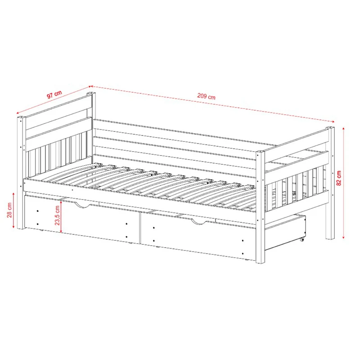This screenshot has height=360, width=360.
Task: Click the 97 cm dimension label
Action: pos(54,94)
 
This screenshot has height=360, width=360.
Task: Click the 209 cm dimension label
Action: pos(207,96)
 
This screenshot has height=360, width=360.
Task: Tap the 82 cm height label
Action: pos(339,178)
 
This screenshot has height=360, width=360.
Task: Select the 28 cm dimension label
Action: pos(9,210)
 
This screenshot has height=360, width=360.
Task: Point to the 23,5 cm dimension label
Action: pos(57,215)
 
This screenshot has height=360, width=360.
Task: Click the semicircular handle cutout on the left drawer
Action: pos(83,205)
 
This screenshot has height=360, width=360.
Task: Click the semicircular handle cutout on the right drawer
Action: pos(199,221)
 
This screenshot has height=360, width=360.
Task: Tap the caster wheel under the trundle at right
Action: pos(302,240)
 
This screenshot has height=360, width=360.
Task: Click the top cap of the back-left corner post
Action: pos(91,94)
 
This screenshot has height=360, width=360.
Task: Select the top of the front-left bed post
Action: pos(21,118)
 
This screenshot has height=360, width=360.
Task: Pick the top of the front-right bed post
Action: pos(261,152)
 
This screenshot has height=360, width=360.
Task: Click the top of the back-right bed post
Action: pos(330,127)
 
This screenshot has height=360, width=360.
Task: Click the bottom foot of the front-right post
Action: pos(261,261)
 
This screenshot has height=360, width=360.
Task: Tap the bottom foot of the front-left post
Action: pos(21,228)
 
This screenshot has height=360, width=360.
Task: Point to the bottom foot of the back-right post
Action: pos(330,238)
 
